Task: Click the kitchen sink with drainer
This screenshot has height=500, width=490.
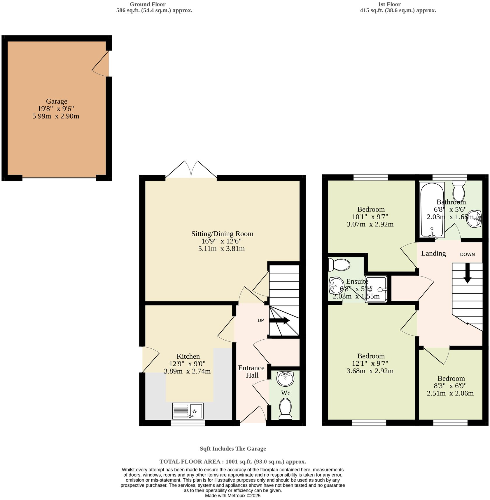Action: tap(188, 411)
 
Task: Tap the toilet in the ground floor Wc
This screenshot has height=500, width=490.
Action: tap(285, 409)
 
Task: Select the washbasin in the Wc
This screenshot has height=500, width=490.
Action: tap(285, 379)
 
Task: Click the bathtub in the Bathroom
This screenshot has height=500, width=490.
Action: tap(432, 210)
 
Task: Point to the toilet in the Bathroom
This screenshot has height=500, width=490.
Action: tap(459, 190)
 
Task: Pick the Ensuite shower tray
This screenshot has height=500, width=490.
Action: tap(376, 289)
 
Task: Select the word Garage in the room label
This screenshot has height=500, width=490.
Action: tap(57, 101)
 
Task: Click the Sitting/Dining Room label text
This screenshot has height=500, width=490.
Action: tap(222, 234)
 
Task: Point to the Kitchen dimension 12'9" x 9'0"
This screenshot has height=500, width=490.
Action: tap(187, 364)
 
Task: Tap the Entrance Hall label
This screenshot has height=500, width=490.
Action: tap(251, 371)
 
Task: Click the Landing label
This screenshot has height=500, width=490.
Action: tap(433, 253)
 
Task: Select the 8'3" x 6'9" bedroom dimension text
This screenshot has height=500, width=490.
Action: tap(450, 386)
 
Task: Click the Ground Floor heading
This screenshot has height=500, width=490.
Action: tap(148, 4)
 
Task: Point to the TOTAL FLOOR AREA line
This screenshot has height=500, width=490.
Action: tap(232, 462)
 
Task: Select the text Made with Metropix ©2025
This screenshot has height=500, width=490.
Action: tap(232, 496)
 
